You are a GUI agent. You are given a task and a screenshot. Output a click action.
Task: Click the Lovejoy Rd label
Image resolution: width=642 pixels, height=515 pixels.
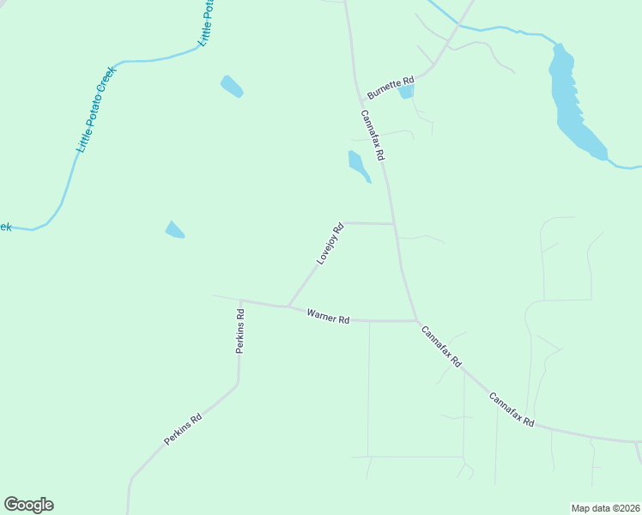(x=330, y=244)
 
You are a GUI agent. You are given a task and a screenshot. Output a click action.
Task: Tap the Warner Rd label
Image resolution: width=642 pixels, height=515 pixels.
(x=329, y=318)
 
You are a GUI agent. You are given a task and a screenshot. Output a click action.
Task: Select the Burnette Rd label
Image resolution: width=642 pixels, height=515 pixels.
(x=391, y=86)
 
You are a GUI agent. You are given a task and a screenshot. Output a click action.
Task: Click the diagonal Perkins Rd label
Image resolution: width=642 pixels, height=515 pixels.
(x=183, y=429)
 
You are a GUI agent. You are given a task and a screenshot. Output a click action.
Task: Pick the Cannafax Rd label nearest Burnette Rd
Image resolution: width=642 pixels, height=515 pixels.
(x=372, y=136)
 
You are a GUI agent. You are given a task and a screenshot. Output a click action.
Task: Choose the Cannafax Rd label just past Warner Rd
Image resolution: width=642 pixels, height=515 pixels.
(x=440, y=347)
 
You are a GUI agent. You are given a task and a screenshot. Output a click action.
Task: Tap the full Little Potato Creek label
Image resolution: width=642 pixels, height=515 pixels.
(x=96, y=109)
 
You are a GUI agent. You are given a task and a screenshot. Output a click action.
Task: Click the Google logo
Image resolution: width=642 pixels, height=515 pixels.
(x=28, y=505)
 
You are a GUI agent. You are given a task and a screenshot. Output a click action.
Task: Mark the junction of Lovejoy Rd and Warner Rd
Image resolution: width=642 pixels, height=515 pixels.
(x=288, y=306)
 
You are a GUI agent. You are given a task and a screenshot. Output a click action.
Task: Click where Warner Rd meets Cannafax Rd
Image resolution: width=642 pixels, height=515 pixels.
(x=416, y=321)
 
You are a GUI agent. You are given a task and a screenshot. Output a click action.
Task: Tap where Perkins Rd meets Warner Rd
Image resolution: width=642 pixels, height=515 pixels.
(x=241, y=300)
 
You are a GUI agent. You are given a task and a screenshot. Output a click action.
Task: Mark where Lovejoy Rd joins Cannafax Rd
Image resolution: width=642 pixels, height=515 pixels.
(x=394, y=224)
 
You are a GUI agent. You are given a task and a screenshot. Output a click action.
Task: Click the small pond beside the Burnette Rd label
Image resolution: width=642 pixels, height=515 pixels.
(x=406, y=91)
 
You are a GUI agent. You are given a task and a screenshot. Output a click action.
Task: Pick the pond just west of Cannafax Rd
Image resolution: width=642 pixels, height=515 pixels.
(x=358, y=165)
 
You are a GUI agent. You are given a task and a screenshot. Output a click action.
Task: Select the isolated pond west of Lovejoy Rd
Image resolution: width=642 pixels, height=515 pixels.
(x=174, y=229)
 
